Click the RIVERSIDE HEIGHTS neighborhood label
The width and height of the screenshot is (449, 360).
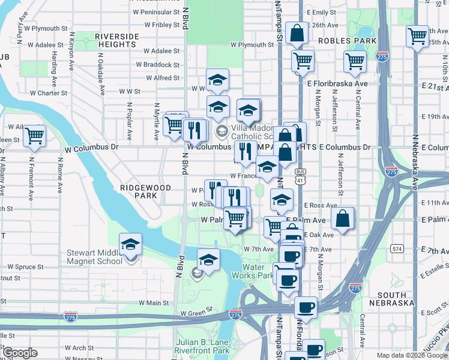coord(116,40)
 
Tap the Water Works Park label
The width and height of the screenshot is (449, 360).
coord(258,271)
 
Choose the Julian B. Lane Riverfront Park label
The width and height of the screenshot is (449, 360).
coord(202,346)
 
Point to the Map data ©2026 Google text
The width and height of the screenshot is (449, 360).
coord(412,355)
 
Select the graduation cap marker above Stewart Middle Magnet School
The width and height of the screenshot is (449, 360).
coord(130,244)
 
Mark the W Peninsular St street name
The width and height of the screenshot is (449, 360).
coord(156,11)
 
